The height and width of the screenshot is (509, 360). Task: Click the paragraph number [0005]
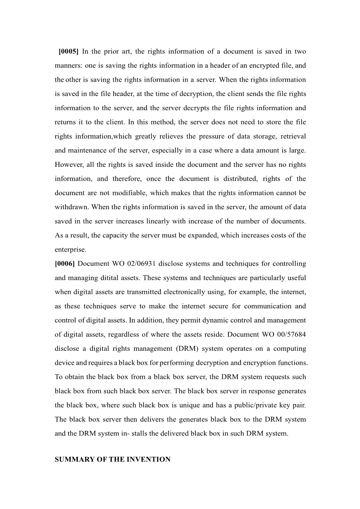pyautogui.click(x=68, y=51)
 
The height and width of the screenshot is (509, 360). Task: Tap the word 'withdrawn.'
pyautogui.click(x=72, y=207)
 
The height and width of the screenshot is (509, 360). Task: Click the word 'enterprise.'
pyautogui.click(x=70, y=249)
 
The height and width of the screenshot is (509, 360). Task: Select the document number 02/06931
pyautogui.click(x=141, y=264)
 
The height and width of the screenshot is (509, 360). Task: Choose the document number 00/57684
pyautogui.click(x=289, y=334)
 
